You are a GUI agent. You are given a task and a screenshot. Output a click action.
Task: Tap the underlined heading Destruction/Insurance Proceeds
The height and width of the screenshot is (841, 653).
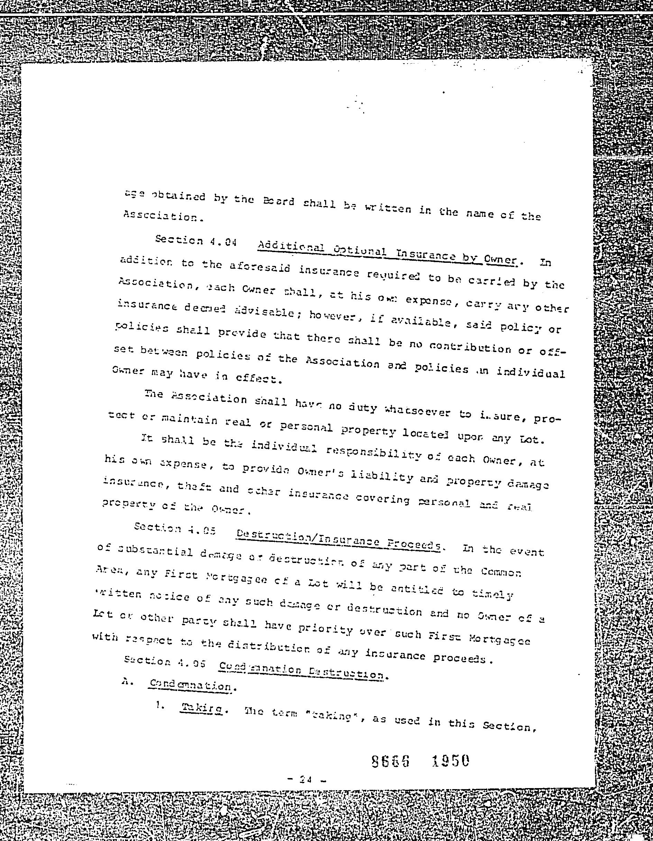point(338,539)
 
